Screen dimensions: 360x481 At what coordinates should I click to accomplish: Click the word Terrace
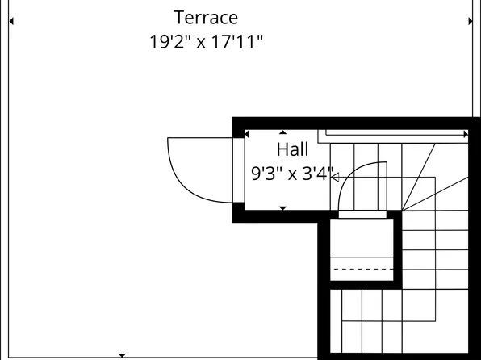click(x=206, y=17)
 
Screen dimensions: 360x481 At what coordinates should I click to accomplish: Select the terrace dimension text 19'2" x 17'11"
click(x=206, y=42)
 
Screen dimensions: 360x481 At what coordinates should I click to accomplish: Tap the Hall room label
click(x=292, y=149)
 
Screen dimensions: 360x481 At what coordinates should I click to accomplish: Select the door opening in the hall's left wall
click(x=238, y=170)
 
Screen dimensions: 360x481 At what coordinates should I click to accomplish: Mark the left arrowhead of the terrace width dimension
click(x=11, y=22)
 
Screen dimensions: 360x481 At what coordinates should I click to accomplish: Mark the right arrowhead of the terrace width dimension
click(x=470, y=22)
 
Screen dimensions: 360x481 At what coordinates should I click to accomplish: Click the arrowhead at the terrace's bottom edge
click(x=122, y=355)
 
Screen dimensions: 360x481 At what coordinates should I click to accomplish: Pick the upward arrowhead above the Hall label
click(x=282, y=132)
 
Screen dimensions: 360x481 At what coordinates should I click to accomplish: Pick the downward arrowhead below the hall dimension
click(x=282, y=208)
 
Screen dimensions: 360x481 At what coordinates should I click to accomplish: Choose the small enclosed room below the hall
click(x=362, y=249)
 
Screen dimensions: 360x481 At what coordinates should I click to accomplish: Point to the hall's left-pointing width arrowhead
click(x=248, y=133)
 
